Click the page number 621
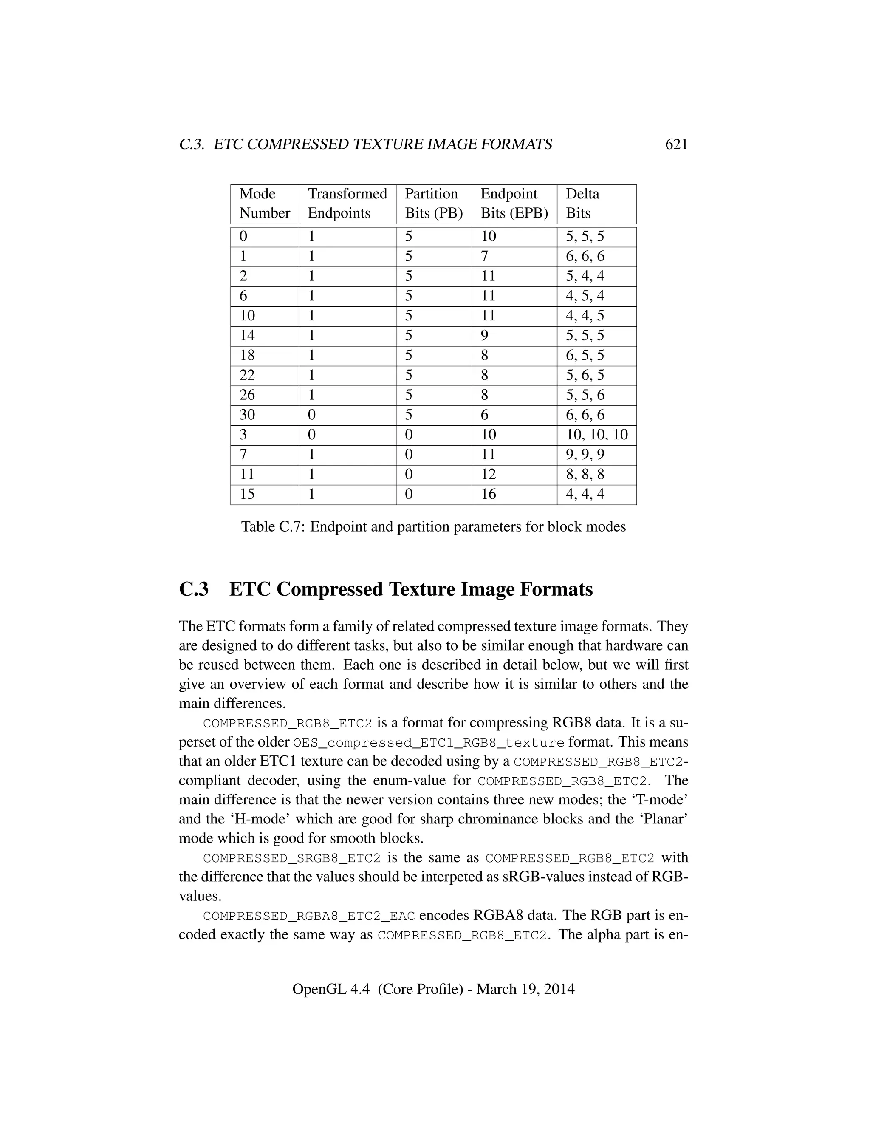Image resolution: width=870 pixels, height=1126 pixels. click(x=676, y=145)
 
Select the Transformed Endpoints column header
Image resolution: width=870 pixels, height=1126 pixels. click(x=347, y=204)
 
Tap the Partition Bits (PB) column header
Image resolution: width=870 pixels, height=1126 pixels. click(x=433, y=204)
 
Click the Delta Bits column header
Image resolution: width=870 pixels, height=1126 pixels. click(x=582, y=204)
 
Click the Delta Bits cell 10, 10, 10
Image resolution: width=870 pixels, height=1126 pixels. click(x=597, y=435)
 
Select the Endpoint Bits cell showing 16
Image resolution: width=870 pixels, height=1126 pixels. click(x=488, y=495)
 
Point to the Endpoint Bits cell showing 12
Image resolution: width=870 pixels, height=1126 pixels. click(x=488, y=474)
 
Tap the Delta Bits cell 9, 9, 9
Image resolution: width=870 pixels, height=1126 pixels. click(x=585, y=455)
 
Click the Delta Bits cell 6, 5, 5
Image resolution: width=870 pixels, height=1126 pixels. click(x=585, y=356)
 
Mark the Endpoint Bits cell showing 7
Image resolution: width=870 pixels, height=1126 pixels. click(x=484, y=257)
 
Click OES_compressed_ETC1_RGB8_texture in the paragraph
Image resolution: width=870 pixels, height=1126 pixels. click(x=428, y=743)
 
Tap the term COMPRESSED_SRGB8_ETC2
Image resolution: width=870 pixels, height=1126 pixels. click(x=292, y=858)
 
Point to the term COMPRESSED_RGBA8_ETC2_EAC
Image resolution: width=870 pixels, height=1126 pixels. click(x=309, y=916)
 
